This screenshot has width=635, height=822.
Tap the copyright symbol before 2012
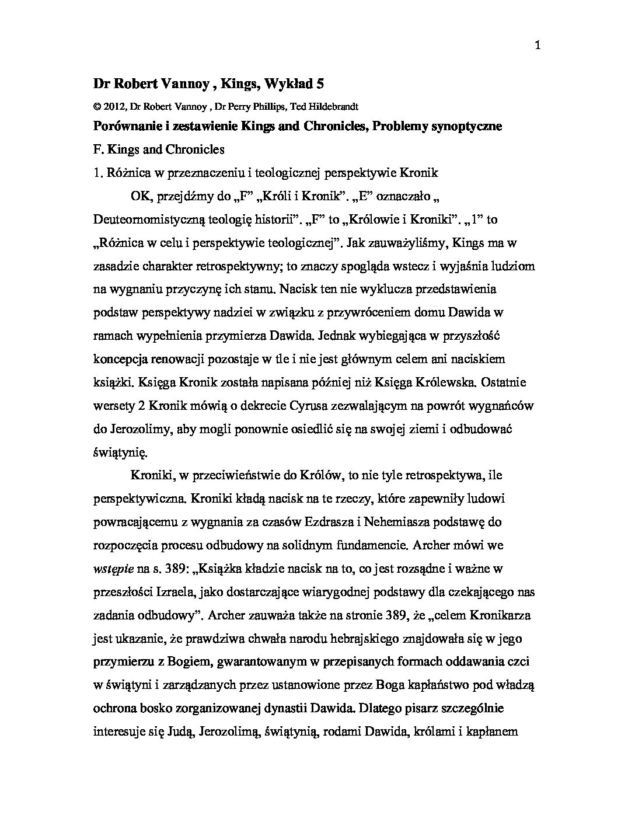click(96, 106)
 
